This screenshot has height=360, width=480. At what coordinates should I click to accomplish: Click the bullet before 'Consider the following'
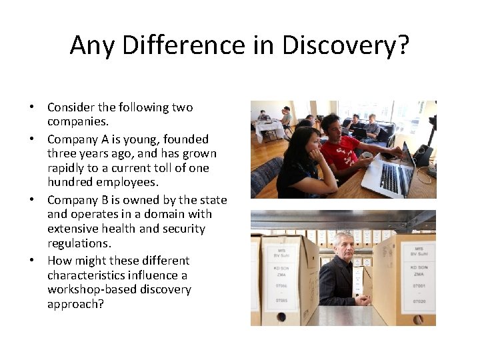31,107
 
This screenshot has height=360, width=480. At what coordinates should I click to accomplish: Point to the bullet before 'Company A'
31,139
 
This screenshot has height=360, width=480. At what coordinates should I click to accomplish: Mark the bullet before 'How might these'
31,261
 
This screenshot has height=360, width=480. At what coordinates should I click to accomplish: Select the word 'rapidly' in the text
67,168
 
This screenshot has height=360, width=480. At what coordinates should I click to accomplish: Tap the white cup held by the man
367,155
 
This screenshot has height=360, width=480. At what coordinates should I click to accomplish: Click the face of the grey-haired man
345,247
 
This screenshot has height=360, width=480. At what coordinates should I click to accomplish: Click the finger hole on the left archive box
282,317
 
